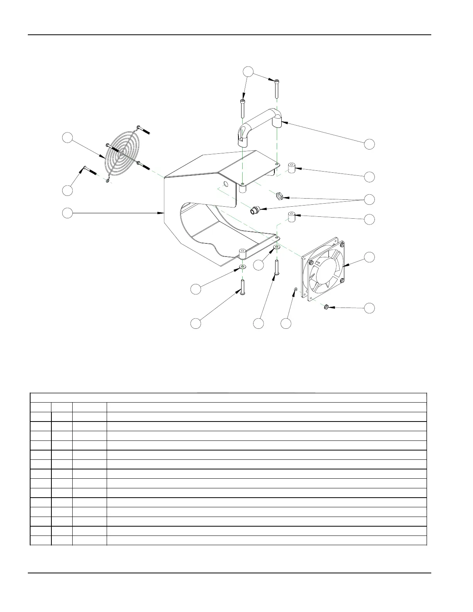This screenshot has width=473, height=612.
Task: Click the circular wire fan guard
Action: tap(121, 154)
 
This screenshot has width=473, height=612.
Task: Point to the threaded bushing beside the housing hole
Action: tap(254, 211)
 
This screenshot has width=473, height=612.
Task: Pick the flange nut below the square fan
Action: tap(327, 308)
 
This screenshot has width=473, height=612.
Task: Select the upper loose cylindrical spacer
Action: tap(292, 168)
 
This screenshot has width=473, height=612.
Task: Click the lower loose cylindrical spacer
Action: tap(292, 217)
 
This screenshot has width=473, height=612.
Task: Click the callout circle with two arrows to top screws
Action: tap(248, 71)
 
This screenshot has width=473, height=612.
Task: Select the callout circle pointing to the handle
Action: tap(369, 144)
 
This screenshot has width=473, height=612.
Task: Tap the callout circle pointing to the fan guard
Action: tap(68, 138)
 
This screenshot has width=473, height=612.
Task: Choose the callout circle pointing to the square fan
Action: tap(370, 257)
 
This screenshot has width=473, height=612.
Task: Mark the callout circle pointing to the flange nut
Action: tap(370, 308)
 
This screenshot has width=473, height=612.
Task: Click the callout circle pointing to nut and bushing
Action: tap(370, 199)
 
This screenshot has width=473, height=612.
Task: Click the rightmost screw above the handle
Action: tap(277, 88)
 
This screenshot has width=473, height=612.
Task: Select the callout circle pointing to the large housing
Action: tap(68, 212)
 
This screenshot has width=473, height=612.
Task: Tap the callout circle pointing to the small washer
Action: tap(286, 324)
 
